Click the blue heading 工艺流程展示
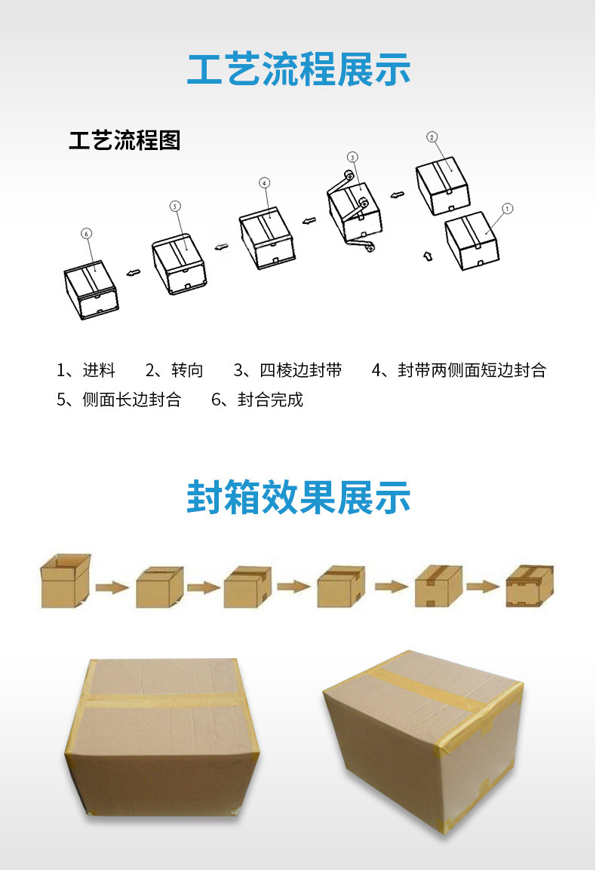[298, 69]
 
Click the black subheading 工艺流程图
[124, 140]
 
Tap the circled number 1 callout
[507, 208]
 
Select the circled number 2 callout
[432, 137]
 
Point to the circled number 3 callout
[352, 157]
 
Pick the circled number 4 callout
[264, 182]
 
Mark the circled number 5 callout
[175, 206]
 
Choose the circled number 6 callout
[87, 234]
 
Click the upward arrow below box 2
[427, 256]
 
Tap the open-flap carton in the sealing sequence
[65, 580]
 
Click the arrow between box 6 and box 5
[132, 272]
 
